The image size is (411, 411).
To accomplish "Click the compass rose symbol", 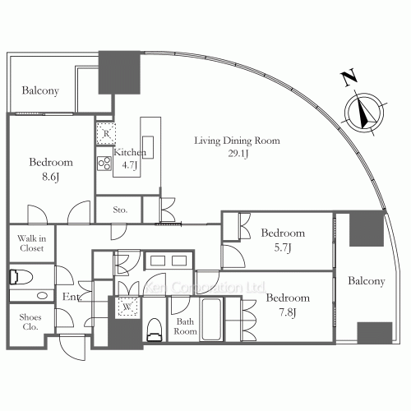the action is pyautogui.click(x=364, y=113).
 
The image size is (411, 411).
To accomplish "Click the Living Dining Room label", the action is pyautogui.click(x=237, y=141).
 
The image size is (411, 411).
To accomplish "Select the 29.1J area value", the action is pyautogui.click(x=238, y=154).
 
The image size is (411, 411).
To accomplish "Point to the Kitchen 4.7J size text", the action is pyautogui.click(x=129, y=165).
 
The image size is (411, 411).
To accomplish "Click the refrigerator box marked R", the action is pyautogui.click(x=106, y=134).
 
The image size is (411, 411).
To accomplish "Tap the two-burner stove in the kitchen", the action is pyautogui.click(x=104, y=164).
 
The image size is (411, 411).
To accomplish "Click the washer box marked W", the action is pyautogui.click(x=127, y=307).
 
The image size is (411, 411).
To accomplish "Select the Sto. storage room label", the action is pyautogui.click(x=120, y=210).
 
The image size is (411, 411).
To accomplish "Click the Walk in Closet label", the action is pyautogui.click(x=31, y=243).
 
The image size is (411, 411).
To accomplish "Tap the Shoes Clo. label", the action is pyautogui.click(x=30, y=321).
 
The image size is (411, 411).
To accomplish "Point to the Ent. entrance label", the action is pyautogui.click(x=72, y=297).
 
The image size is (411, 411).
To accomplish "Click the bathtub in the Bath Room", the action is pyautogui.click(x=210, y=319).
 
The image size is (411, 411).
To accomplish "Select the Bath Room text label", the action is pyautogui.click(x=185, y=326).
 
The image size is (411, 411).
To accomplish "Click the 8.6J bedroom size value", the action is pyautogui.click(x=51, y=177).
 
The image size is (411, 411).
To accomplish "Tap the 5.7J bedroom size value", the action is pyautogui.click(x=283, y=247).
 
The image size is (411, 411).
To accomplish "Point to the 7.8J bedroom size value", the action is pyautogui.click(x=288, y=312).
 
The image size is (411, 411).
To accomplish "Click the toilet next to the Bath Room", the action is pyautogui.click(x=155, y=330).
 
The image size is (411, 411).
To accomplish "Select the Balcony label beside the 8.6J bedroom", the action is pyautogui.click(x=40, y=90).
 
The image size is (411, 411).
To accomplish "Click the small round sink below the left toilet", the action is pyautogui.click(x=42, y=296).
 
